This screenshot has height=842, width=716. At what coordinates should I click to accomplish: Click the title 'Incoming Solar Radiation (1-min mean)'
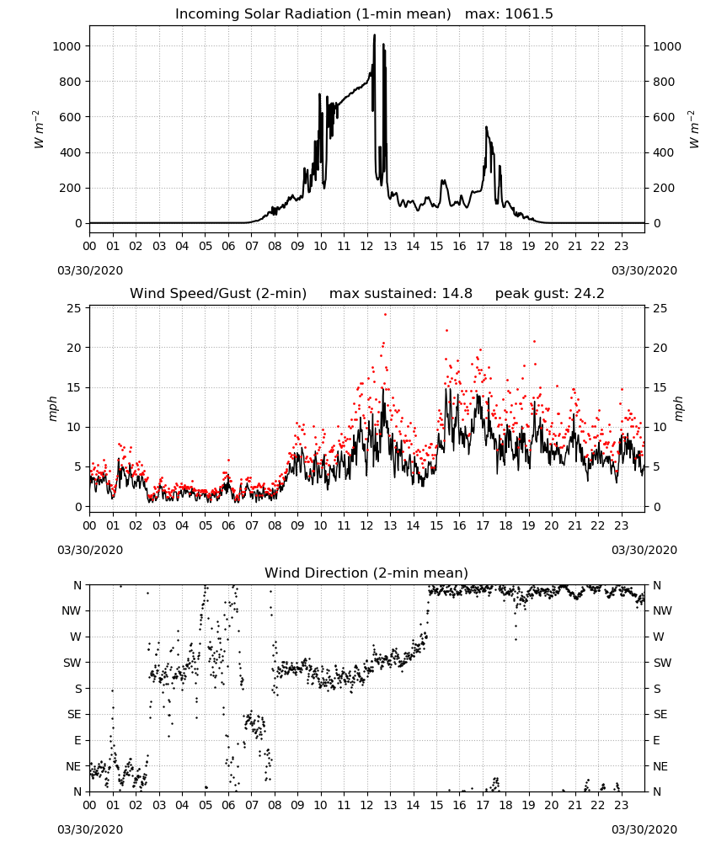(313, 14)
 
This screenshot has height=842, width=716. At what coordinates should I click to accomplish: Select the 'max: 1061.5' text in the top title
(509, 14)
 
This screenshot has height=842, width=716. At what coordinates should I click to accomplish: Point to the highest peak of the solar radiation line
(374, 35)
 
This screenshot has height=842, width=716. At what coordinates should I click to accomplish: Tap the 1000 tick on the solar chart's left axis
(67, 46)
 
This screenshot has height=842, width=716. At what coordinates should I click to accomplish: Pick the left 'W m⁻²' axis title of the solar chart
(38, 130)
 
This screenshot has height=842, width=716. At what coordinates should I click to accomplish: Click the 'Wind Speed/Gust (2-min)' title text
(218, 294)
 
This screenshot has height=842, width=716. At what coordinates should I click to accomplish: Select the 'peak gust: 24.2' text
(549, 294)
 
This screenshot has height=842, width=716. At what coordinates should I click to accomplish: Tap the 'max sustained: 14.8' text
(401, 294)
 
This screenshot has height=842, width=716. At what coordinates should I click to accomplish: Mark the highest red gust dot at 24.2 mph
(385, 315)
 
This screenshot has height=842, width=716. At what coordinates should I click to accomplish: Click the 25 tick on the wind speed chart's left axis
(74, 308)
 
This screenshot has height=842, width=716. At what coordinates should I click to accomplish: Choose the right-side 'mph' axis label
(678, 408)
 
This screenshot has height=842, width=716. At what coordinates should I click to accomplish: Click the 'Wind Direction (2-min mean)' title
(366, 573)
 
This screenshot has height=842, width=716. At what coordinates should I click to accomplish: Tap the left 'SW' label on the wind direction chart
(72, 663)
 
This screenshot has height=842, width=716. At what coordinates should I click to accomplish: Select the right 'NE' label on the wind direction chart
(660, 766)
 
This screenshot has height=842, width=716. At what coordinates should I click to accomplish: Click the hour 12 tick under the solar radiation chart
(366, 247)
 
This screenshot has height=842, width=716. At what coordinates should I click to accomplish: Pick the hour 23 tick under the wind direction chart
(621, 806)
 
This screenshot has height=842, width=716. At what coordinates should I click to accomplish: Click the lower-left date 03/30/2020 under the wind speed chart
(90, 550)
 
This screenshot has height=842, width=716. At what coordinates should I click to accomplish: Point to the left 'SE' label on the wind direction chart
(74, 714)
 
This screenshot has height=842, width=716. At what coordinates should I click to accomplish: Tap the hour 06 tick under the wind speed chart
(228, 525)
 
